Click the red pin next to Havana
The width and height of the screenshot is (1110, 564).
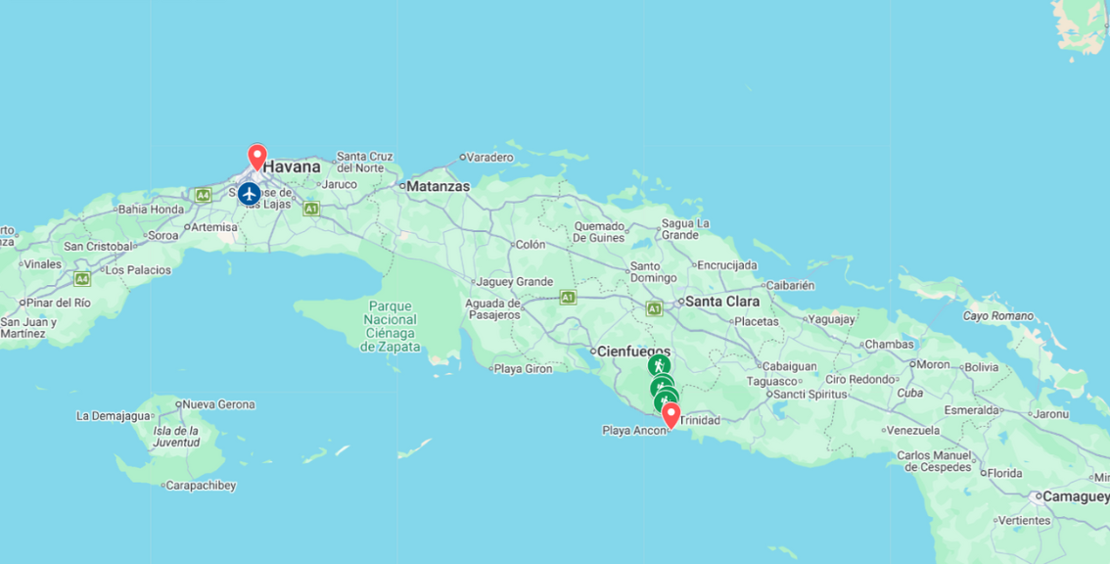tap(257, 157)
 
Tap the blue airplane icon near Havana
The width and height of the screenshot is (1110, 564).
tap(249, 194)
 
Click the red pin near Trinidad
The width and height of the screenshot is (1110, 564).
tap(671, 415)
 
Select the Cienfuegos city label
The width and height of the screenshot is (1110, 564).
tap(634, 351)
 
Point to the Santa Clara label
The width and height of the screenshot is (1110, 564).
tap(722, 302)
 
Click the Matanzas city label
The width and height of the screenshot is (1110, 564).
tap(437, 186)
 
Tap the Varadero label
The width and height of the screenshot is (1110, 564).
tap(488, 157)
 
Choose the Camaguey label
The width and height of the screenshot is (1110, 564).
tap(1075, 496)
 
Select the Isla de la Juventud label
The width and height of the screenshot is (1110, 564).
tap(176, 437)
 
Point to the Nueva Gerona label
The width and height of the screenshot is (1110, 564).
tap(218, 404)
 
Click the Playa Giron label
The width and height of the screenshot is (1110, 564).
tap(523, 369)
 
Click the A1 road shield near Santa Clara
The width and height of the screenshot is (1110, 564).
tap(654, 309)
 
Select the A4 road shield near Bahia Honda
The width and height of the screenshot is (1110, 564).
tap(203, 195)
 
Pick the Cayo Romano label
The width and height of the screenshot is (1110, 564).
tap(997, 315)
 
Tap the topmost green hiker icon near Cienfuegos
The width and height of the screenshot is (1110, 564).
tap(659, 365)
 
